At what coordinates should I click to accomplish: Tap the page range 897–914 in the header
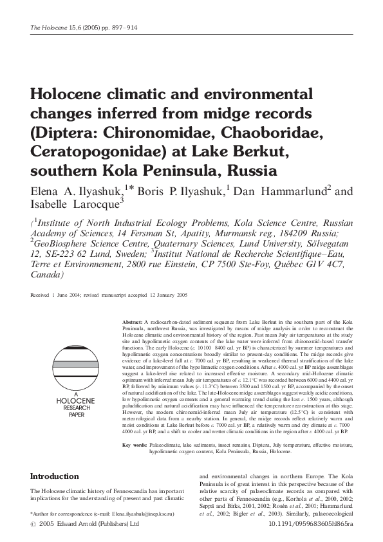click(122, 28)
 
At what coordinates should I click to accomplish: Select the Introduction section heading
click(55, 476)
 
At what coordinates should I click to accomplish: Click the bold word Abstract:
click(133, 321)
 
